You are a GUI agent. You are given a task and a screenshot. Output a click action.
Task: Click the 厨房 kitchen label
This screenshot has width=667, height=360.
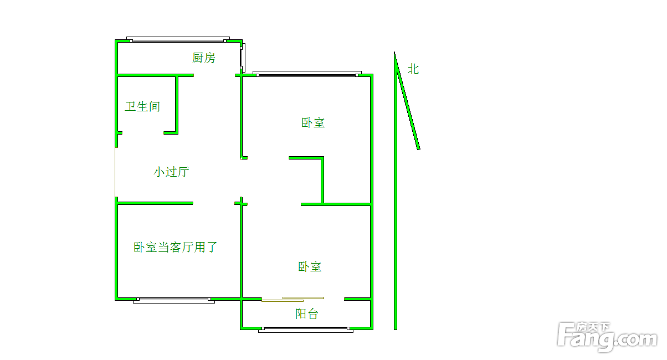click(204, 58)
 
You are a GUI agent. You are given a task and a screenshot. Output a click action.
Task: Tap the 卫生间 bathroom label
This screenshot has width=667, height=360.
click(142, 106)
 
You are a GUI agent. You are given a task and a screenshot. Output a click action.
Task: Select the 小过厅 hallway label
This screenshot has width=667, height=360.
click(171, 172)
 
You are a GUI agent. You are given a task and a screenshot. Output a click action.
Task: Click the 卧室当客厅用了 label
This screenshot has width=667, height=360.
click(175, 248)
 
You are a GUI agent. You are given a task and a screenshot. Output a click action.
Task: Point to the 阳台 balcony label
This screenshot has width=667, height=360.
click(306, 314)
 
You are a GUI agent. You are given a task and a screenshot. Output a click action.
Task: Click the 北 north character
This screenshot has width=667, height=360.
click(413, 69)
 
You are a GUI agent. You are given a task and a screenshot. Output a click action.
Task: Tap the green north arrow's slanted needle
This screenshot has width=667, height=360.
click(408, 105)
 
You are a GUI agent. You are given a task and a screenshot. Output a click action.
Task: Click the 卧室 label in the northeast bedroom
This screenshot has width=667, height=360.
click(313, 123)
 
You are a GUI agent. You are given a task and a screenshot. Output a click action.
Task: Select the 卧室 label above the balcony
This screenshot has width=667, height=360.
click(310, 267)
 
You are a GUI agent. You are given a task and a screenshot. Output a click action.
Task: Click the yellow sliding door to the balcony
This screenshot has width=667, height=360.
click(293, 299)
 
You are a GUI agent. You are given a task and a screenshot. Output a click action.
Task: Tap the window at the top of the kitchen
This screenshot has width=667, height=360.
click(177, 39)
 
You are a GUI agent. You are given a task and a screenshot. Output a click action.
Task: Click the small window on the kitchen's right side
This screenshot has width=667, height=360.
click(242, 55)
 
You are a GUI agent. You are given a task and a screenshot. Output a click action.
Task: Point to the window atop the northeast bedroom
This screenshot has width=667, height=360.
click(306, 73)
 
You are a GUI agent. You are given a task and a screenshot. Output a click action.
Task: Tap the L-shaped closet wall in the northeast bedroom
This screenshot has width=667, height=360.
click(322, 180)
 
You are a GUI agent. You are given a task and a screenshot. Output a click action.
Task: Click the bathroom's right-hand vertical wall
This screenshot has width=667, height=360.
click(177, 104)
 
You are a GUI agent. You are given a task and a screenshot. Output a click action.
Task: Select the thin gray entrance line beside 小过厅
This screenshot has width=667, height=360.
click(115, 172)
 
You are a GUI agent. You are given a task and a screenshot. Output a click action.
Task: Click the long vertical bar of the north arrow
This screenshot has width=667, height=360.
click(396, 222)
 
